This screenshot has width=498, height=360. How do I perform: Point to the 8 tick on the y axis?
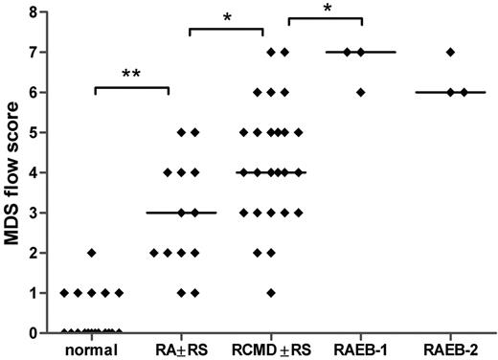(33, 11)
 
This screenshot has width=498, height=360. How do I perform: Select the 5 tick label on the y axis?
(33, 132)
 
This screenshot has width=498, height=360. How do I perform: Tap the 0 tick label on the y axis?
(33, 333)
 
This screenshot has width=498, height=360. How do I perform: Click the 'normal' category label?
(91, 349)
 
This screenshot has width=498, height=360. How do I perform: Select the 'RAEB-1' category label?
(360, 349)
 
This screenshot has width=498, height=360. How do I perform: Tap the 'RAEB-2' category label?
(450, 349)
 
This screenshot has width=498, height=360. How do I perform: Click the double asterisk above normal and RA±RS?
(131, 74)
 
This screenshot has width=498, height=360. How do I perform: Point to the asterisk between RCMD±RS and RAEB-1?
(326, 10)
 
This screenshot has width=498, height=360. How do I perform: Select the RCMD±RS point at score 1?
(272, 293)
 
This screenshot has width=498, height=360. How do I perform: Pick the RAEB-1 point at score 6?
(360, 92)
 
